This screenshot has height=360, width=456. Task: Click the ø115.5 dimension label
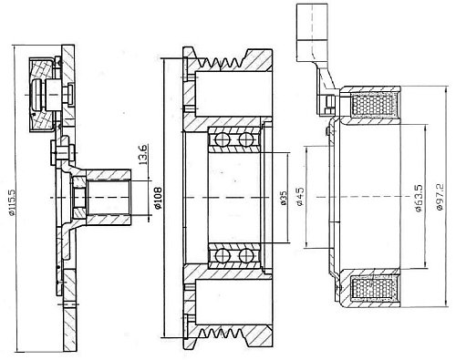pyautogui.click(x=11, y=201)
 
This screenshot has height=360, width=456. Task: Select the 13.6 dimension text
pyautogui.click(x=143, y=154)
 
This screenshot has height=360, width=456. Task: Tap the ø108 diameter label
pyautogui.click(x=159, y=198)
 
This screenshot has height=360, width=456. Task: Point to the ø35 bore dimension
pyautogui.click(x=284, y=198)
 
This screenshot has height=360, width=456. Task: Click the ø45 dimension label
pyautogui.click(x=300, y=196)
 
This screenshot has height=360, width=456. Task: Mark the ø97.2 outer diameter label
pyautogui.click(x=440, y=197)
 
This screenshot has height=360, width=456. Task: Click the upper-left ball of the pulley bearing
pyautogui.click(x=221, y=139)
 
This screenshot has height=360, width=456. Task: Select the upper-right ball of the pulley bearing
pyautogui.click(x=246, y=139)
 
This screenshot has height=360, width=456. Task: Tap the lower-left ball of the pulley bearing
pyautogui.click(x=221, y=255)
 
